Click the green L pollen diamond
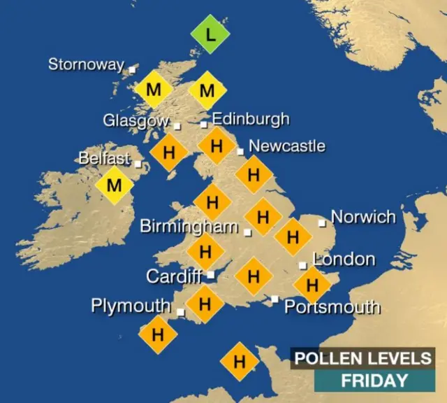pos(211,34)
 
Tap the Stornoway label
pos(86,65)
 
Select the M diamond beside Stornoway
pos(153,90)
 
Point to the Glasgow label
pos(136,120)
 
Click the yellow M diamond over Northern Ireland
pos(115,185)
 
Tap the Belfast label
pos(104,159)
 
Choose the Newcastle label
pos(286,146)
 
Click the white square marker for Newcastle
pos(240,151)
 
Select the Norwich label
pos(363,216)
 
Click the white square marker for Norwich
pos(322,223)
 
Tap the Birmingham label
pos(189,227)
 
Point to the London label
pos(344,260)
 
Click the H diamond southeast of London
pos(312,285)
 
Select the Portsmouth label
pos(332,307)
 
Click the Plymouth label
pos(131,306)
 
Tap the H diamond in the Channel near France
pos(240,362)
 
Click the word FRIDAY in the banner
pos(374,381)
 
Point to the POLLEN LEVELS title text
pos(362,359)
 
